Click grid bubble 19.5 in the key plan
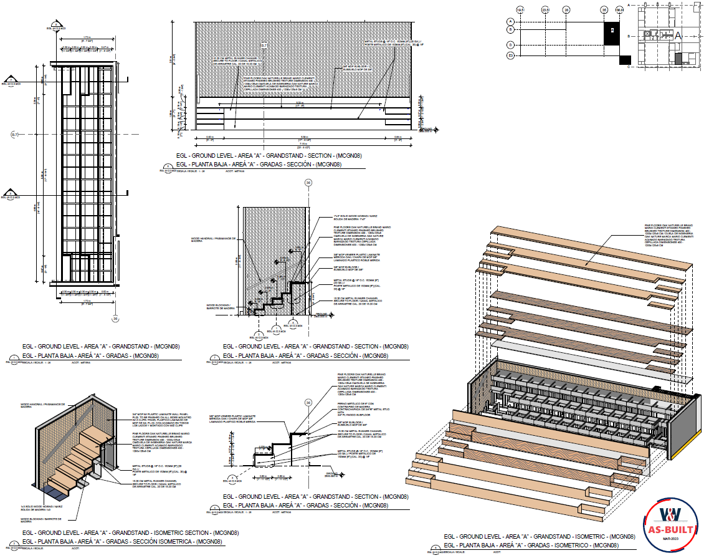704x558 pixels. click(x=521, y=10)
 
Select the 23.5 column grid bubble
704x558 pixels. click(x=545, y=10)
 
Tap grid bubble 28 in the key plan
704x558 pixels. click(x=566, y=10)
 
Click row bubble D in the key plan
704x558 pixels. click(x=510, y=45)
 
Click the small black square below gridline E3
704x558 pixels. click(x=624, y=60)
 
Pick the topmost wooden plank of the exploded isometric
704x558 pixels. click(x=592, y=249)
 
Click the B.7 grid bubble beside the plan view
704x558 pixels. click(x=16, y=134)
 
